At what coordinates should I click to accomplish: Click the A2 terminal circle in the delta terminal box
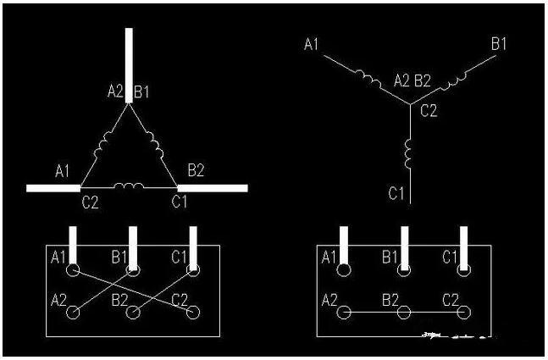(x=73, y=313)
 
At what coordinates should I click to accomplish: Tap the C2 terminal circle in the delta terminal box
(x=193, y=313)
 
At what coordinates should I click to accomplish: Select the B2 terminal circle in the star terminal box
(x=404, y=313)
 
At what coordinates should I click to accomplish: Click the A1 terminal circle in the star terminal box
(x=344, y=270)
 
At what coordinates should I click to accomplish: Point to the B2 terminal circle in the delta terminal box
(x=133, y=313)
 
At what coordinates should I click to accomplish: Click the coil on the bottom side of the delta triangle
(x=129, y=186)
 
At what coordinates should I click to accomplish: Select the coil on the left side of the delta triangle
(x=103, y=144)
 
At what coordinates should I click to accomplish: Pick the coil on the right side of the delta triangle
(x=155, y=145)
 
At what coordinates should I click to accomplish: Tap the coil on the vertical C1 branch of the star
(x=408, y=153)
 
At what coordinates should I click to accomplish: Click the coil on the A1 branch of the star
(x=368, y=80)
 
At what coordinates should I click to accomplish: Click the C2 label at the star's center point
(x=429, y=111)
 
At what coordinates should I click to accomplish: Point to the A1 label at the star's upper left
(x=311, y=44)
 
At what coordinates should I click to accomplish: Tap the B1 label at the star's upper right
(x=498, y=44)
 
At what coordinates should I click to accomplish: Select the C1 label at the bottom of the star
(x=396, y=193)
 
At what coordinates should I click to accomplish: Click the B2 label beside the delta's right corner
(x=196, y=170)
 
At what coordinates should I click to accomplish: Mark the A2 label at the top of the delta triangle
(x=115, y=91)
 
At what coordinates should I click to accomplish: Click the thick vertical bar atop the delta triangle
(x=129, y=66)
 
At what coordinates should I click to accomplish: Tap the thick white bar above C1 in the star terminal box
(x=464, y=248)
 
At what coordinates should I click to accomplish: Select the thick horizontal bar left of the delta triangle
(x=53, y=188)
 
